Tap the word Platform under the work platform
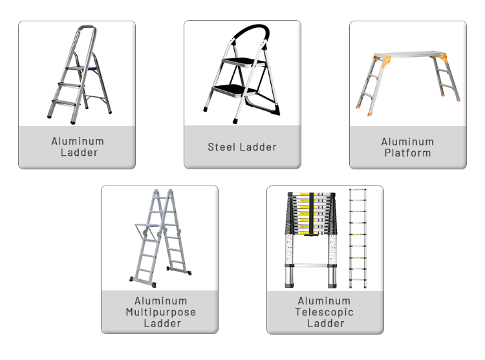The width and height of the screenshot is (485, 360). coord(407,153)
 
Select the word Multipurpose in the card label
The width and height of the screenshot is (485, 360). coord(160,312)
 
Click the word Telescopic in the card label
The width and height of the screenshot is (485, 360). coord(325,312)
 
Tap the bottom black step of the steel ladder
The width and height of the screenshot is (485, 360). coord(233,89)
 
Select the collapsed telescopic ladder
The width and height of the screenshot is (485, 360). coord(310,239)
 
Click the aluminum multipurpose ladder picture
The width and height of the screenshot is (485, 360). coord(158,236)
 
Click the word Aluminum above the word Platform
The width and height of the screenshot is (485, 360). coord(407,142)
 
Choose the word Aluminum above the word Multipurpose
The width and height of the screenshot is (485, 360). coord(160,301)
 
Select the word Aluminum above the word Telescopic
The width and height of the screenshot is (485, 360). coord(325,301)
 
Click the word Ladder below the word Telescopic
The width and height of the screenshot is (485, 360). coord(325,323)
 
